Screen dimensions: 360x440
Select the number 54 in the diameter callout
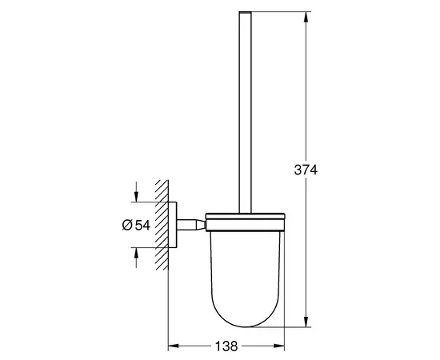[142, 226]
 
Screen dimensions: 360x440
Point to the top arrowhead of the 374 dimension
[306, 17]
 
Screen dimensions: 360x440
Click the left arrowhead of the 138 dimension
[172, 347]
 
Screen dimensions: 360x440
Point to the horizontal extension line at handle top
[276, 12]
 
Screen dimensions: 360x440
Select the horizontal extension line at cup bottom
[276, 326]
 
